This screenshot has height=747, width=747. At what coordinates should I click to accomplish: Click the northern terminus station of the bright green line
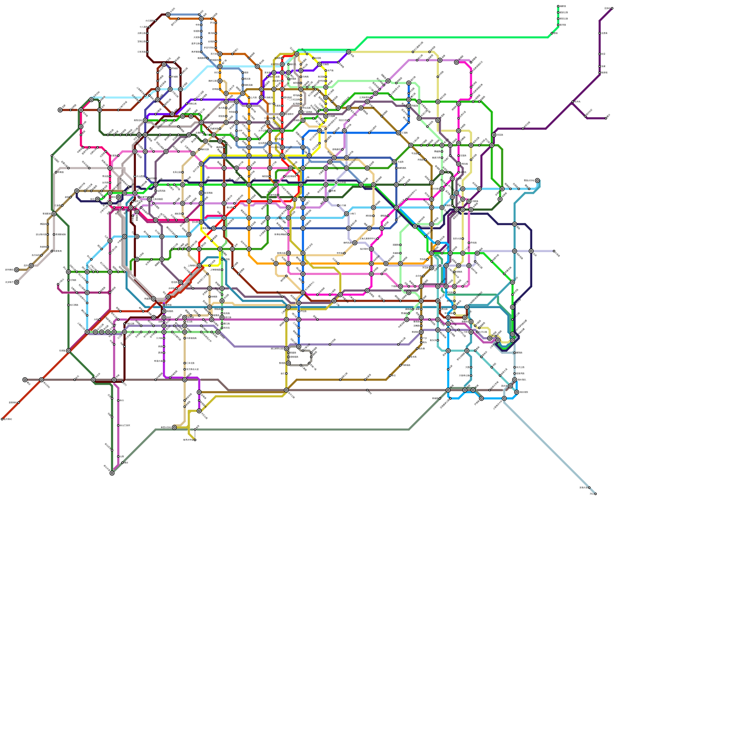(558, 6)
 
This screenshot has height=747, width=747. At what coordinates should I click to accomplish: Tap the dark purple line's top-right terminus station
(612, 8)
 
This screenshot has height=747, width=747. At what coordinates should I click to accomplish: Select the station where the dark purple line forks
(573, 102)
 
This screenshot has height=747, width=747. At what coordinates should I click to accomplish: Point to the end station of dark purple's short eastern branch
(606, 118)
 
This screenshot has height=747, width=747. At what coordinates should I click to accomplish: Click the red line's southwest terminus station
(2, 419)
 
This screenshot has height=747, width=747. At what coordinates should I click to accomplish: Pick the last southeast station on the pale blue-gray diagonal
(595, 493)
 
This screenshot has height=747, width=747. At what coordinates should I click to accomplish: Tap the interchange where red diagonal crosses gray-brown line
(42, 380)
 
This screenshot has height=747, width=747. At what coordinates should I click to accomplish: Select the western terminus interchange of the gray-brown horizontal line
(25, 380)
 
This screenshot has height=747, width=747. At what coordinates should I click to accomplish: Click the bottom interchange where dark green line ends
(112, 473)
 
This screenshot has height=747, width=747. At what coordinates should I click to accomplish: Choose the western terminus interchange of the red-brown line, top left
(60, 110)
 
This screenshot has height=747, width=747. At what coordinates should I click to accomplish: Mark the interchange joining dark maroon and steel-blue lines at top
(168, 14)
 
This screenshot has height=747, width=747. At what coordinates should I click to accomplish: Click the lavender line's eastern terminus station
(554, 251)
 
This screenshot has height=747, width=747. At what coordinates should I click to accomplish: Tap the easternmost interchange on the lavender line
(531, 251)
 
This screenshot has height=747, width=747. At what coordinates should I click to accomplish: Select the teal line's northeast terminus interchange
(537, 180)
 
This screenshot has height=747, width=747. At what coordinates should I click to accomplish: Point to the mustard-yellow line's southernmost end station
(195, 439)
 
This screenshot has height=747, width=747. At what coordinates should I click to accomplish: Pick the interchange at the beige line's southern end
(174, 427)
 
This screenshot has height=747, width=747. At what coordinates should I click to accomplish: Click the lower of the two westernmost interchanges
(16, 282)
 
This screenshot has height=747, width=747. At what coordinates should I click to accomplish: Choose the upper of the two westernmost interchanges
(16, 269)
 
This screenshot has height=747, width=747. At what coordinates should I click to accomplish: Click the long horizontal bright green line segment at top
(458, 37)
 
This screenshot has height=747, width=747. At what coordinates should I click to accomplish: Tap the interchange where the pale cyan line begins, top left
(92, 99)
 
